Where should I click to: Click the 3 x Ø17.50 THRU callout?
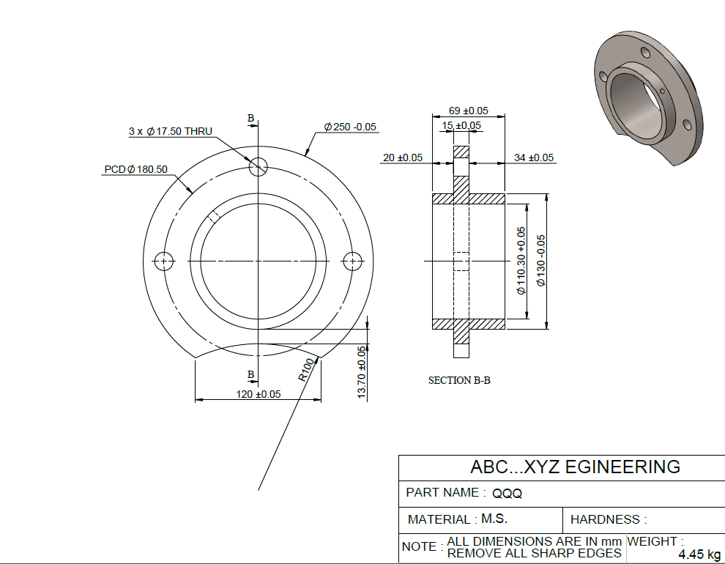click(170, 131)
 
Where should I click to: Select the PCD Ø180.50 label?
click(135, 169)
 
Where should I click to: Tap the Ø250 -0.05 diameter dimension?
click(350, 127)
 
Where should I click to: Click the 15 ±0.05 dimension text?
click(461, 125)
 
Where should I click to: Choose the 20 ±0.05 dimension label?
click(403, 157)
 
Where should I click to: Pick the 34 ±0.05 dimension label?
click(534, 157)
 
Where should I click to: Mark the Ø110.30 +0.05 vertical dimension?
click(521, 260)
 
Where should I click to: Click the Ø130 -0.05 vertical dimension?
click(540, 260)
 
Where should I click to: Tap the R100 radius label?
click(307, 369)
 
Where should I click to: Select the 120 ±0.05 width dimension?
click(258, 394)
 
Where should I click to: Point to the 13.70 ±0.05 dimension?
click(361, 372)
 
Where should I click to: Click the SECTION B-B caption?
click(459, 380)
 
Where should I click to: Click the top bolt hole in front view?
click(258, 167)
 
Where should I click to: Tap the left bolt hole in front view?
click(163, 260)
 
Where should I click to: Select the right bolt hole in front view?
click(352, 260)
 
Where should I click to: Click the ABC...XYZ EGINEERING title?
click(575, 467)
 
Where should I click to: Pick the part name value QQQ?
click(507, 494)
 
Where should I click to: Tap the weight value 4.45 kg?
click(699, 554)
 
